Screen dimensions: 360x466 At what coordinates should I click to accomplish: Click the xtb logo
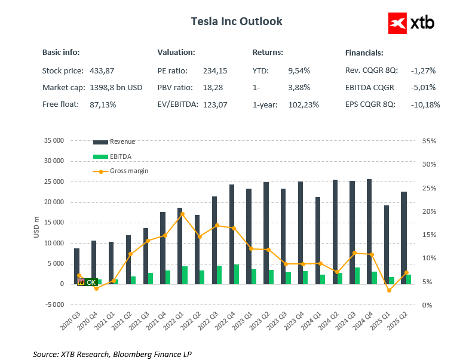[411, 23]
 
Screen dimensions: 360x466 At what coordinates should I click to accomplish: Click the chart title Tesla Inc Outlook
[237, 21]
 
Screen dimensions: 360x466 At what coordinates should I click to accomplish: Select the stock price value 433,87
[102, 70]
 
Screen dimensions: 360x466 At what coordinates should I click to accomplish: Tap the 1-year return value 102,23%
[303, 104]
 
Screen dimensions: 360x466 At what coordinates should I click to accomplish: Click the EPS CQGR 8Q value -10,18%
[425, 104]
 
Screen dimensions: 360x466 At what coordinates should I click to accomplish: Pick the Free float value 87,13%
[103, 104]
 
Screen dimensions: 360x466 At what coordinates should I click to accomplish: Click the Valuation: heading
[176, 53]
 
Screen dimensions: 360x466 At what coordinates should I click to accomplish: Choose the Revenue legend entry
[114, 141]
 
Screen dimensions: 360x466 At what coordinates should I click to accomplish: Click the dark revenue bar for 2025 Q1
[386, 244]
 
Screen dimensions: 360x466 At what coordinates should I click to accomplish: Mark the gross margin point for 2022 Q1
[182, 214]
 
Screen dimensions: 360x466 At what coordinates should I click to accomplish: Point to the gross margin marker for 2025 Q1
[389, 291]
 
